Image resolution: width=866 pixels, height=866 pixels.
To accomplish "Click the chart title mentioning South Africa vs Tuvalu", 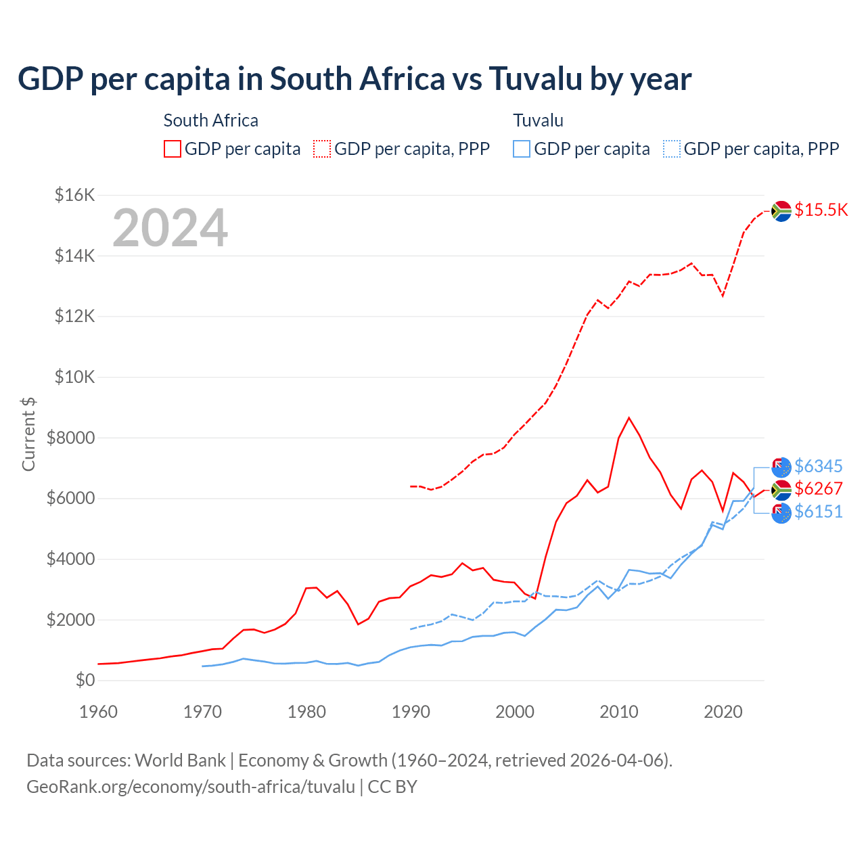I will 355,79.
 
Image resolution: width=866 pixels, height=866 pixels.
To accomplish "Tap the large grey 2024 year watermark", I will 170,228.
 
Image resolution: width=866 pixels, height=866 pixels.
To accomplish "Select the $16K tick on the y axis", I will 74,196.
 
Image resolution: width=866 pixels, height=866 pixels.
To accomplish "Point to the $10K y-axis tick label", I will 74,377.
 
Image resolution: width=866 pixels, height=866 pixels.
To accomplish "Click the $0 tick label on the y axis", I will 85,680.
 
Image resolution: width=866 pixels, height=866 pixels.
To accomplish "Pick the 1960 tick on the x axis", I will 98,712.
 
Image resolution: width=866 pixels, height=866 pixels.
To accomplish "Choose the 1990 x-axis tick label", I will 411,712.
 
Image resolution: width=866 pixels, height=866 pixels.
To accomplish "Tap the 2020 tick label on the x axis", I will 723,712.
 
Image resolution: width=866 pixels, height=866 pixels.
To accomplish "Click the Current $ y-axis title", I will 28,434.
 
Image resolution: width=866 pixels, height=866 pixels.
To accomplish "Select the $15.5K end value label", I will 821,210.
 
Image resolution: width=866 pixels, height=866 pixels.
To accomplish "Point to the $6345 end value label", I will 818,466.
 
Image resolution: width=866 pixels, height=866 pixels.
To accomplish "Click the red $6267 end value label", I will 818,488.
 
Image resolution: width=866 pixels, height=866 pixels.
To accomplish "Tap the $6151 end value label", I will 818,511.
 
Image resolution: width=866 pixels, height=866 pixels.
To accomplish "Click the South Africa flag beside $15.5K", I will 781,211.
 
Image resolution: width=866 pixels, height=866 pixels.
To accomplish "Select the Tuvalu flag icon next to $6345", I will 781,467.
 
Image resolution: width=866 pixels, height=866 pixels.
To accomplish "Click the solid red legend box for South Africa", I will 173,149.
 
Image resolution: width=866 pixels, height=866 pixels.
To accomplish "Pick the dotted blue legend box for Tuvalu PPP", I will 672,149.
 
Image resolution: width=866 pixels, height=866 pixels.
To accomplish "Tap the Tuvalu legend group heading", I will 538,120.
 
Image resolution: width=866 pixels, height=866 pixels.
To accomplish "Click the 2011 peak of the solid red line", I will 629,418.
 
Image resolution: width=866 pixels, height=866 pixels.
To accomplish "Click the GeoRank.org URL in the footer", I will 191,787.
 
